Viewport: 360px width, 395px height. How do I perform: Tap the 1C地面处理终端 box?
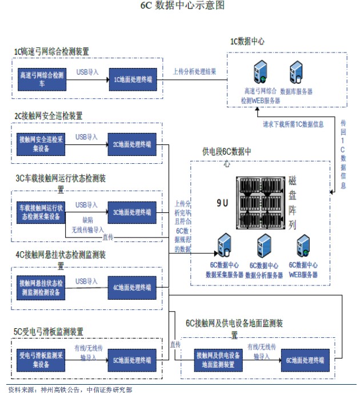pyautogui.click(x=133, y=79)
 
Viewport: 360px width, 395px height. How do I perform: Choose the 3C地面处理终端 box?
pyautogui.click(x=133, y=212)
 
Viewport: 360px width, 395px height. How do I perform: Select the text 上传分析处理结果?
pyautogui.click(x=195, y=72)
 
